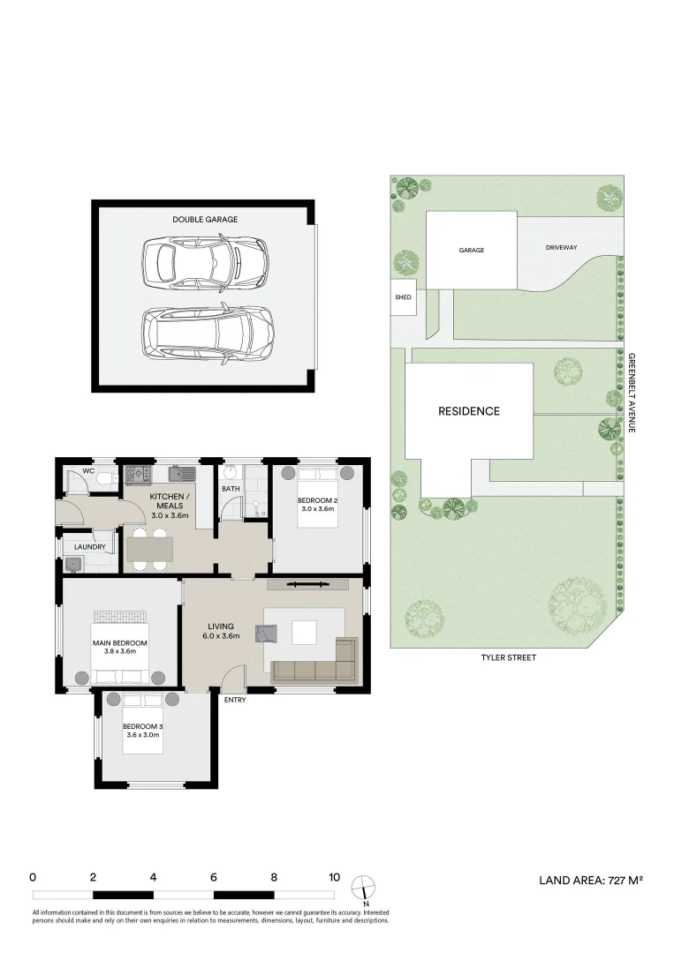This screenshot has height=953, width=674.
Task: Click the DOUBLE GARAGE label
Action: pyautogui.click(x=204, y=220)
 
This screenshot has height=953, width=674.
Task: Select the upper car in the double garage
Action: pyautogui.click(x=204, y=260)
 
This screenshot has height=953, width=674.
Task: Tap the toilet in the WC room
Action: pyautogui.click(x=105, y=478)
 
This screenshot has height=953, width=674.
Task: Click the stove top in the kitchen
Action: pyautogui.click(x=137, y=475)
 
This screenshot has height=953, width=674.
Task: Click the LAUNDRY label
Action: pyautogui.click(x=89, y=547)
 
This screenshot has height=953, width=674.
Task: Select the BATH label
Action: pyautogui.click(x=230, y=488)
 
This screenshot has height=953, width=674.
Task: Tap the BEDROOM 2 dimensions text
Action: pyautogui.click(x=317, y=509)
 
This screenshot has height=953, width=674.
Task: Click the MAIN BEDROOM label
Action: pyautogui.click(x=119, y=643)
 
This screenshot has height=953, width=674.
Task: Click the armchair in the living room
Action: pyautogui.click(x=267, y=633)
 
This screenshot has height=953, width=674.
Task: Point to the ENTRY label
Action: pyautogui.click(x=235, y=700)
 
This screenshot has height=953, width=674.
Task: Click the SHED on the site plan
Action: pyautogui.click(x=403, y=298)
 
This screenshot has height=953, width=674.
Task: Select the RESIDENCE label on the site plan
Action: pyautogui.click(x=469, y=411)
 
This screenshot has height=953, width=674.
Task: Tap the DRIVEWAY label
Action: pyautogui.click(x=561, y=248)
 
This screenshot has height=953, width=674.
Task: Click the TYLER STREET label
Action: pyautogui.click(x=508, y=657)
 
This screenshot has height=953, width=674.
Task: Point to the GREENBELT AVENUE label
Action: pyautogui.click(x=632, y=392)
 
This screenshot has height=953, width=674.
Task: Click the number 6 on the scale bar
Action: pyautogui.click(x=214, y=877)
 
